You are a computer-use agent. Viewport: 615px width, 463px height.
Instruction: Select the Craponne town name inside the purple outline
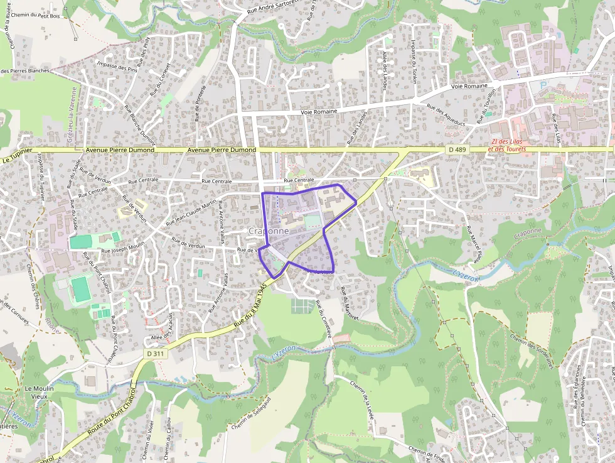[x=269, y=231]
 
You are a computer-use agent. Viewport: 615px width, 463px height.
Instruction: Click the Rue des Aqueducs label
[x=446, y=114]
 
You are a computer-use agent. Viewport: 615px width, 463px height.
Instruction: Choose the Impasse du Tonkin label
[x=414, y=63]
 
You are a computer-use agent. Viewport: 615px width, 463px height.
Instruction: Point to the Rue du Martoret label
[x=349, y=304]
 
